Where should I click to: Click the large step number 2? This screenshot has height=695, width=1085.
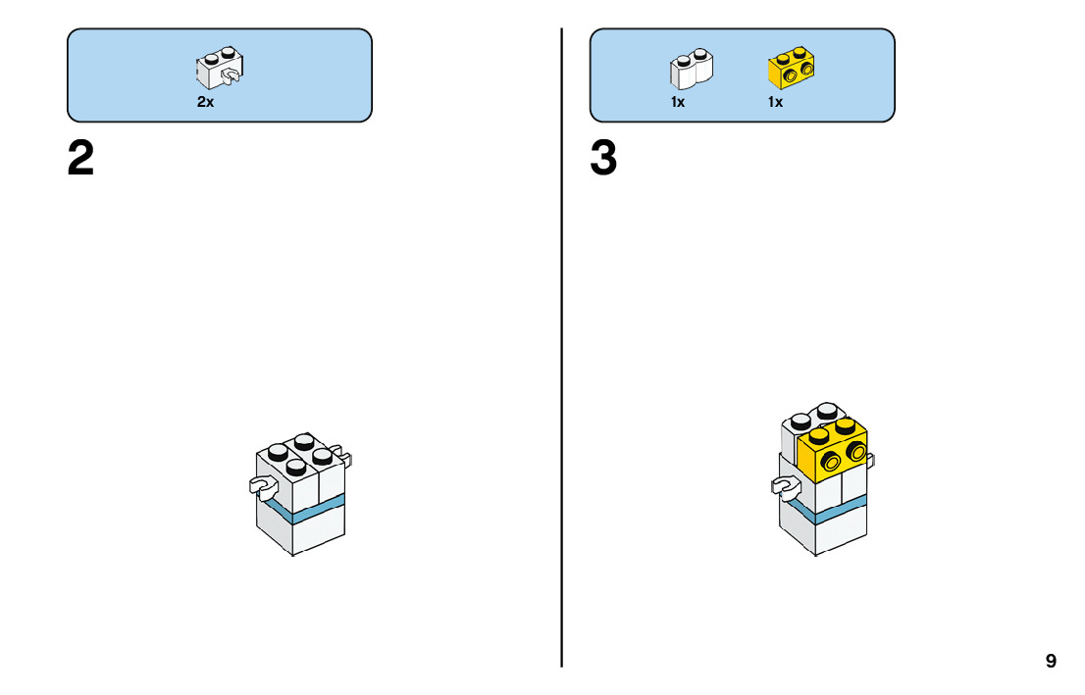(x=81, y=159)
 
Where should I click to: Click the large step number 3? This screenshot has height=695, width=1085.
(x=603, y=159)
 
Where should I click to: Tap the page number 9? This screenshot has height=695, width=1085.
(x=1051, y=661)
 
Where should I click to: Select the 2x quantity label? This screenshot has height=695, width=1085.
(x=205, y=102)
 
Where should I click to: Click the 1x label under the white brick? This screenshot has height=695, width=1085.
(x=678, y=102)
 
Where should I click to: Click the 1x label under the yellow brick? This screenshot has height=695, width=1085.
(x=775, y=102)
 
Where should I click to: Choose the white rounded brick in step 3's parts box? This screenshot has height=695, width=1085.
(x=692, y=69)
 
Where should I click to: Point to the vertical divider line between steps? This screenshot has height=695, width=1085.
(x=562, y=392)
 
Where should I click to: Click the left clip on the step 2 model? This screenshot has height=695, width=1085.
(x=261, y=484)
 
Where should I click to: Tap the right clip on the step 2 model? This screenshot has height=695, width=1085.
(x=346, y=456)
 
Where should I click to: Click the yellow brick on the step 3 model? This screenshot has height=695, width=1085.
(x=836, y=449)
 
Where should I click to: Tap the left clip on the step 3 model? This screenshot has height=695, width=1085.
(x=784, y=484)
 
